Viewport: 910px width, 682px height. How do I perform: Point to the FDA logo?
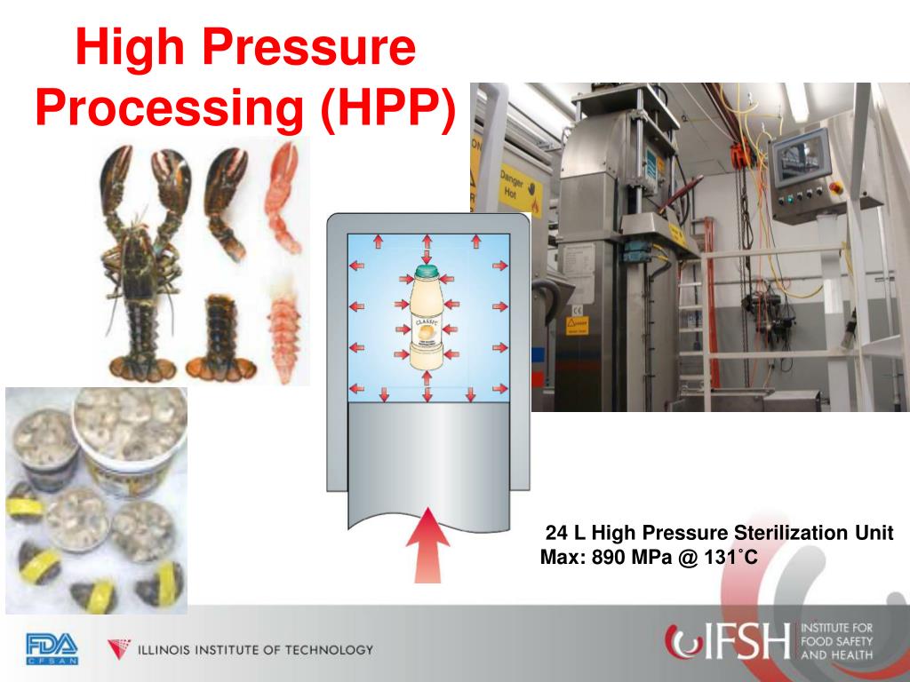click(52, 647)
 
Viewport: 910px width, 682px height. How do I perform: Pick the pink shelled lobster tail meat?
click(282, 329)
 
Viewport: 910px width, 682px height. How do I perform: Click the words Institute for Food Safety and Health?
click(836, 641)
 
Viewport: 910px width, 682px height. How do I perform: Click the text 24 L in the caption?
click(566, 534)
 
